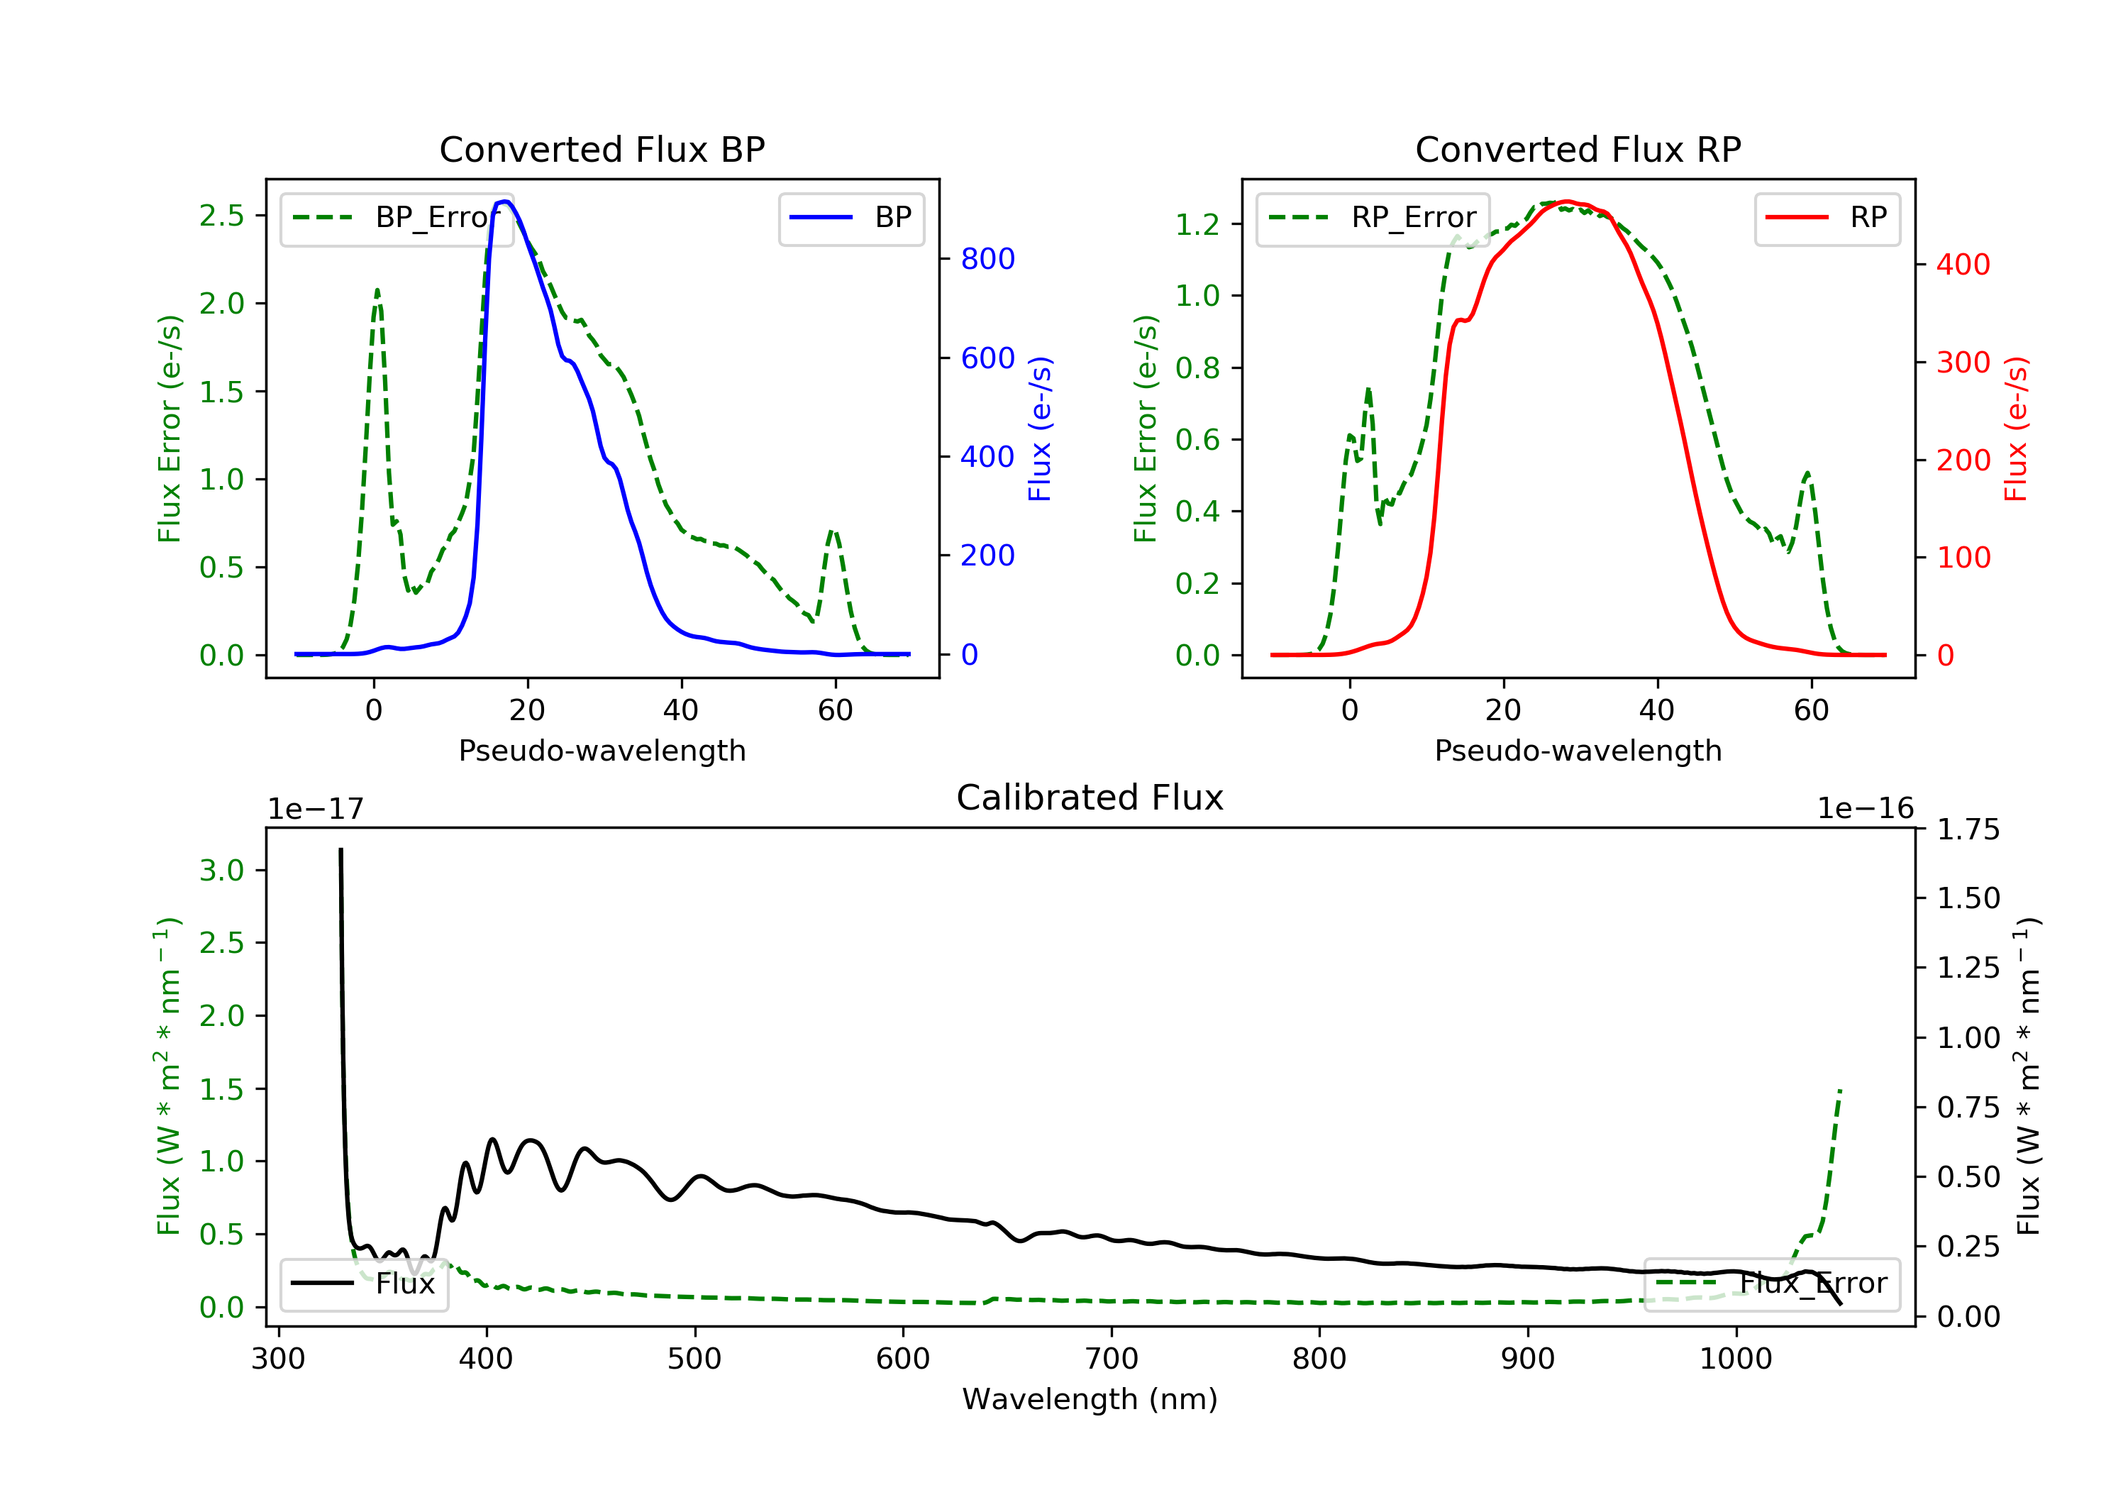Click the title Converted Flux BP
point(602,149)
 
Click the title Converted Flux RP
point(1578,149)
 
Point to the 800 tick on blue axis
point(987,259)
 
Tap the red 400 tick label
point(1963,265)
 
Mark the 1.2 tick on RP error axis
point(1197,224)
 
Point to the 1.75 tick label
point(1968,830)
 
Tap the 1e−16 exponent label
point(1865,809)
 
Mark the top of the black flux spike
point(341,849)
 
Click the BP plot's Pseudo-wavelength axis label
point(602,750)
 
